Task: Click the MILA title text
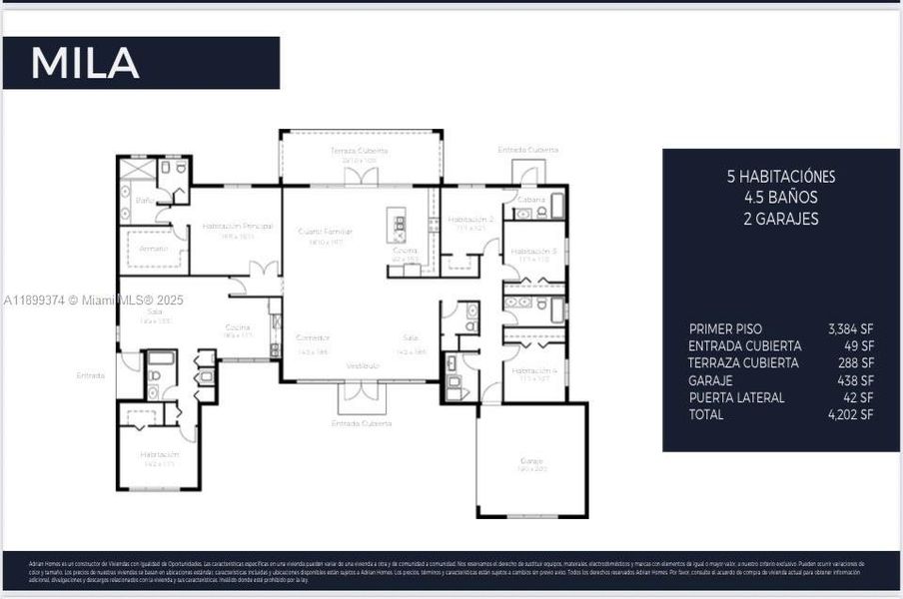(85, 63)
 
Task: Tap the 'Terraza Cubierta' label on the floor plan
(359, 151)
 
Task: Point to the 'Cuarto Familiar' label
(325, 232)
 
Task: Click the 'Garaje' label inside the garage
(530, 461)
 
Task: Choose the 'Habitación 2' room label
(470, 219)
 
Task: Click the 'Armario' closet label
(154, 249)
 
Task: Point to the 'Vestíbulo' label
(362, 366)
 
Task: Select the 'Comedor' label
(313, 338)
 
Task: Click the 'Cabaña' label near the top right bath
(531, 199)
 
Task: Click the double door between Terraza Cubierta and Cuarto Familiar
(361, 178)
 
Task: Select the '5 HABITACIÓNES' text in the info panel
(780, 176)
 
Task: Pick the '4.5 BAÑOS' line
(780, 197)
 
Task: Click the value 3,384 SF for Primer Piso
(850, 328)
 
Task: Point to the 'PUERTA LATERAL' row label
(736, 397)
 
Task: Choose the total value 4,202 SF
(850, 414)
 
